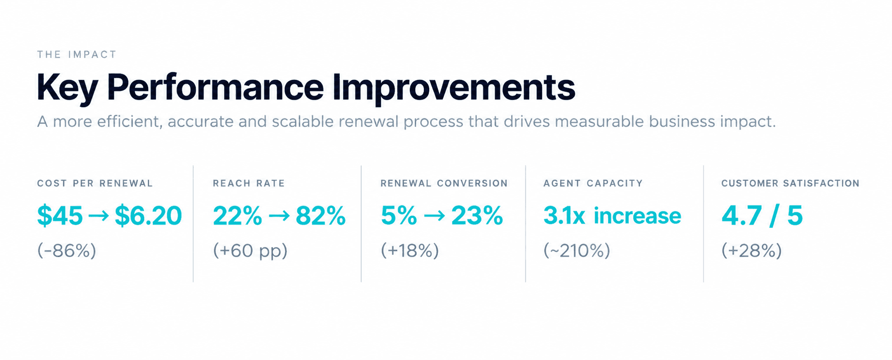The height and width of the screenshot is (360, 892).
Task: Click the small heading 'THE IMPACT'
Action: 77,55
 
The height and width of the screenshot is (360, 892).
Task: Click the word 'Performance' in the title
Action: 216,87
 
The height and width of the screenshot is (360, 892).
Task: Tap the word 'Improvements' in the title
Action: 454,87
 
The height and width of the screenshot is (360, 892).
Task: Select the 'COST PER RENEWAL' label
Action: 95,183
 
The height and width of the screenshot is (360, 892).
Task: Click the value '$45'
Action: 60,215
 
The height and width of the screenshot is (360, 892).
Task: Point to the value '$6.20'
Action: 148,215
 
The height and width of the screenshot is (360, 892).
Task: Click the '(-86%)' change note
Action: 67,251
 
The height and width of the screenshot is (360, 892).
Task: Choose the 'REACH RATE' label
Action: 249,183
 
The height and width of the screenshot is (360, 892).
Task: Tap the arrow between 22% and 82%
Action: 279,216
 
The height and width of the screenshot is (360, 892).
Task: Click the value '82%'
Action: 321,215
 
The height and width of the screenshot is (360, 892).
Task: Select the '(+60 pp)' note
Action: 250,251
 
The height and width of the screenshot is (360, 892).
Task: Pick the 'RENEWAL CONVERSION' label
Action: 444,183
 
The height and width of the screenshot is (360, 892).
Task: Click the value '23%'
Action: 477,215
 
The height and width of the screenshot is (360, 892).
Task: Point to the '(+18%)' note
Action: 410,251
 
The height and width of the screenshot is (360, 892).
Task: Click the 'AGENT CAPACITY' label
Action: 593,183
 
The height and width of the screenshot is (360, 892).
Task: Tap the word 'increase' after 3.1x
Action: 638,215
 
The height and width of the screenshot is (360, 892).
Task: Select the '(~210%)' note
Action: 577,251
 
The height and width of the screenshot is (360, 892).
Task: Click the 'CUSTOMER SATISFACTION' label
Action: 790,183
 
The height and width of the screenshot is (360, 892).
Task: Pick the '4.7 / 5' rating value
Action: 762,215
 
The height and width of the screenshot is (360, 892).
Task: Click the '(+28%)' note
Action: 751,251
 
